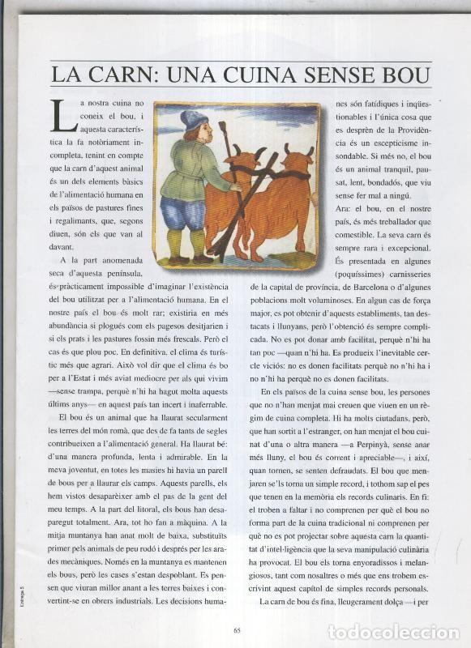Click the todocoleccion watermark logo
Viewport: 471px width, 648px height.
(393, 632)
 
